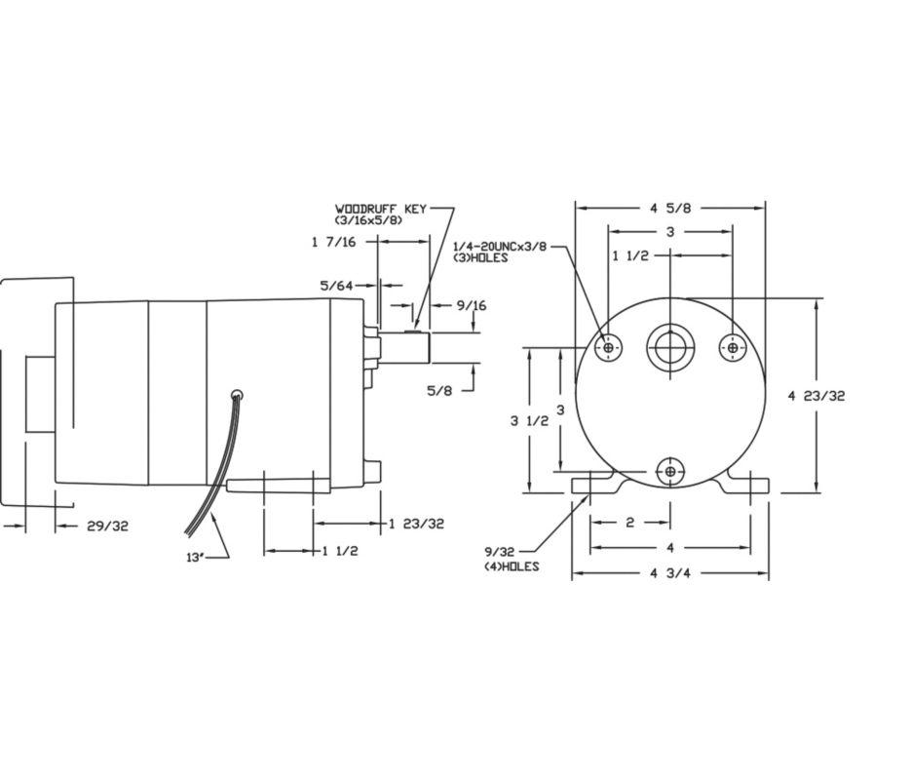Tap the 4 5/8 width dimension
coord(669,208)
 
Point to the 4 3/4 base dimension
coord(669,573)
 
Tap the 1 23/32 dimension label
coord(416,524)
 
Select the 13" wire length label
coord(196,558)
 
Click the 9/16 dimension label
coord(471,305)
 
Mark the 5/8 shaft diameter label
coord(439,391)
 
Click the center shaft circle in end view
coord(670,348)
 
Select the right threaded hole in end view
coord(732,348)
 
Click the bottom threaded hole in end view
coord(670,472)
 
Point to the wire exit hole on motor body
coord(236,395)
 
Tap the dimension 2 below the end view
coord(629,523)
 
